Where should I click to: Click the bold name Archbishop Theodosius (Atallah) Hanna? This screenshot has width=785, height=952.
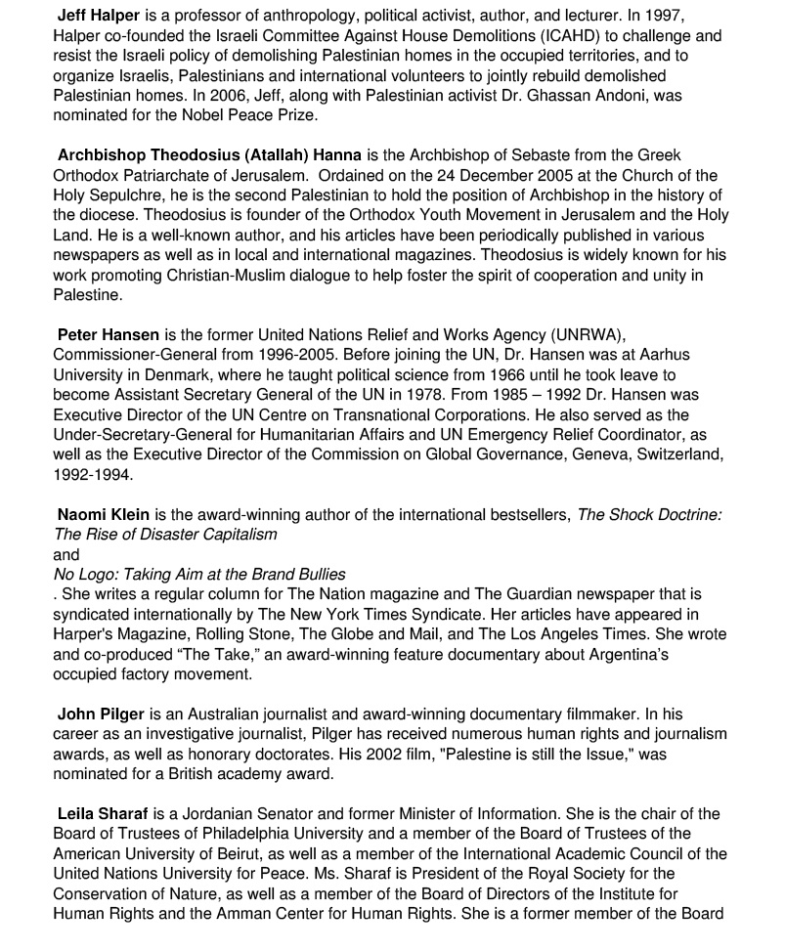tap(209, 155)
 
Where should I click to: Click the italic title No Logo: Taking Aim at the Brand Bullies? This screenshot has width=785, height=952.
tap(199, 574)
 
